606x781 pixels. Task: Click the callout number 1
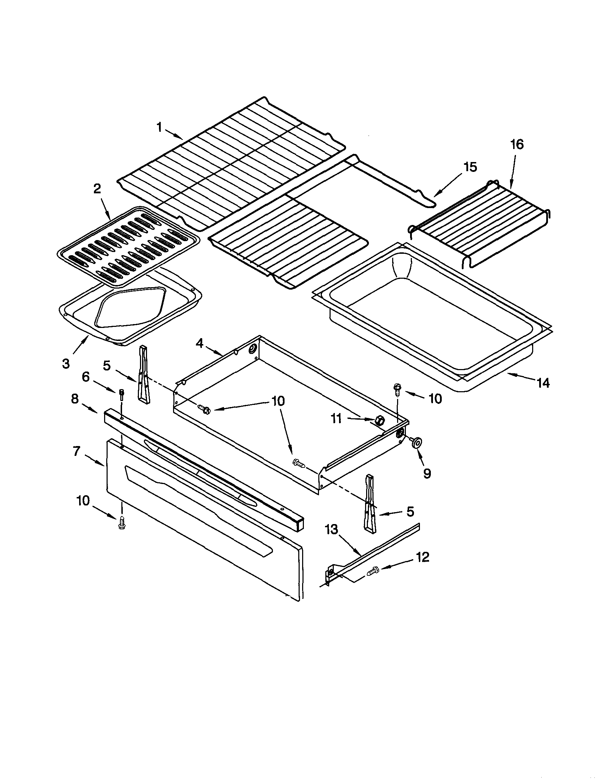point(159,127)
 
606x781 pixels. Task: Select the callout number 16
point(517,144)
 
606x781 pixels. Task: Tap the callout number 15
point(471,167)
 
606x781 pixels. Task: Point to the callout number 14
point(543,383)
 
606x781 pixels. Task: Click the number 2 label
point(97,189)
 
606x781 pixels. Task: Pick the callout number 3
point(66,364)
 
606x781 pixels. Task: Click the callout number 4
point(199,344)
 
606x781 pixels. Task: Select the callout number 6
point(85,377)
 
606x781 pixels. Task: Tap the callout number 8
point(75,399)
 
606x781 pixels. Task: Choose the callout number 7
point(76,451)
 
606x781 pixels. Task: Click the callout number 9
point(427,473)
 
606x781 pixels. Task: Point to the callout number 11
point(336,418)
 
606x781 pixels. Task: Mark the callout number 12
point(423,557)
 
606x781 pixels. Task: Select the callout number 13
point(331,530)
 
